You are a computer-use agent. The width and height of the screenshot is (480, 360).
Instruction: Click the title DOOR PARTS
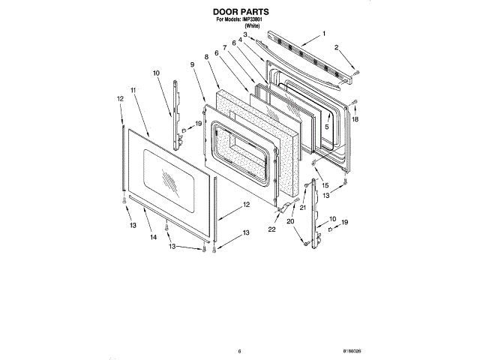[x=240, y=13]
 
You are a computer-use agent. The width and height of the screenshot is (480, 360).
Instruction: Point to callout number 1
[x=324, y=34]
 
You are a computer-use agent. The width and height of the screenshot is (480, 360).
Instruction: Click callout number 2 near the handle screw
[x=337, y=47]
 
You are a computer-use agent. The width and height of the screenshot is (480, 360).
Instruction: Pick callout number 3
[x=244, y=34]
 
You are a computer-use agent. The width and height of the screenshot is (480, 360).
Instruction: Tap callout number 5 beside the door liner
[x=326, y=127]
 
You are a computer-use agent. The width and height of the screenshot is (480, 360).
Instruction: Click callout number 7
[x=224, y=48]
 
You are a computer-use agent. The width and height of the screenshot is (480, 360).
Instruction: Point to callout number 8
[x=205, y=57]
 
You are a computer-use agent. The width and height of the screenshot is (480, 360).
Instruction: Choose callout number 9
[x=193, y=65]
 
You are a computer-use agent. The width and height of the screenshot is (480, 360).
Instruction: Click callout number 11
[x=133, y=90]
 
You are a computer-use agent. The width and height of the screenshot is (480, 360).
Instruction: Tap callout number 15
[x=325, y=184]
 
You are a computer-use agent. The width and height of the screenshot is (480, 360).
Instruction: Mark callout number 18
[x=355, y=119]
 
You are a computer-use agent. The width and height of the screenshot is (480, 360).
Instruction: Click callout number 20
[x=290, y=220]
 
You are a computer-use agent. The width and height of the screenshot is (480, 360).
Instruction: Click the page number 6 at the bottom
[x=239, y=351]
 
